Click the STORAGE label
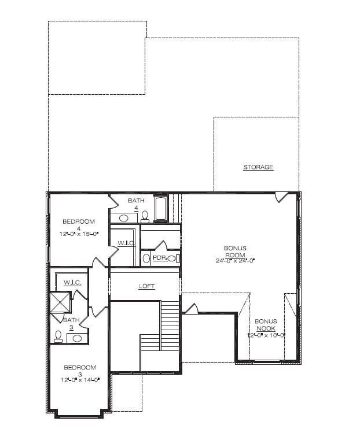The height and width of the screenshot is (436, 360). (258, 167)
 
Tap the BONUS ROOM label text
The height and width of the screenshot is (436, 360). (235, 251)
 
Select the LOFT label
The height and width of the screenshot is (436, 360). (147, 286)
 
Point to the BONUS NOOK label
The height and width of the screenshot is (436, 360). (266, 324)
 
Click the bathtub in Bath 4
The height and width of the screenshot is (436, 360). (161, 209)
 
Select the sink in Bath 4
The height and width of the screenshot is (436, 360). (123, 218)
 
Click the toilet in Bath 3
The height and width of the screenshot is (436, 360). (58, 335)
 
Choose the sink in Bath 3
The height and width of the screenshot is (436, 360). (77, 337)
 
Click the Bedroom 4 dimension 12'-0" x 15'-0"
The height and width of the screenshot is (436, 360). (79, 235)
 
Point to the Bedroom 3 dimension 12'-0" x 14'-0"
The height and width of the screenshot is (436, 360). (80, 380)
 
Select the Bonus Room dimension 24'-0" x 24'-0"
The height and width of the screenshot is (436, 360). (235, 260)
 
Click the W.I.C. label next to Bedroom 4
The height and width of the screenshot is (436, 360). (126, 243)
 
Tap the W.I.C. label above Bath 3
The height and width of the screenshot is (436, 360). (72, 282)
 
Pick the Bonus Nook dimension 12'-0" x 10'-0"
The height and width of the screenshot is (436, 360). (266, 335)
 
